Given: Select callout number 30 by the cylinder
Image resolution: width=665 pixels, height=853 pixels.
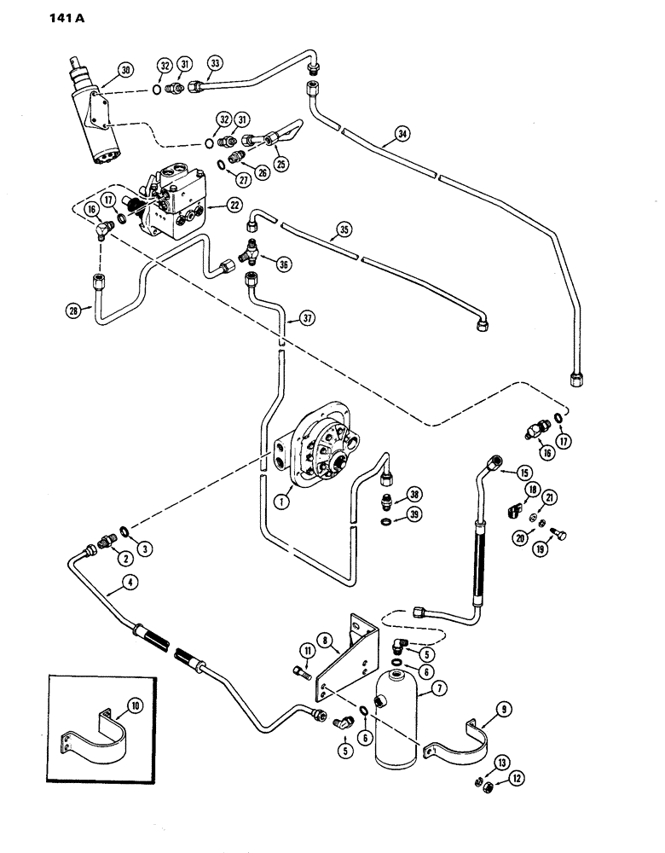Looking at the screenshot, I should (x=126, y=69).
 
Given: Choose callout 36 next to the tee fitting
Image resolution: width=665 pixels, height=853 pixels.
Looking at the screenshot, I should (x=283, y=264).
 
